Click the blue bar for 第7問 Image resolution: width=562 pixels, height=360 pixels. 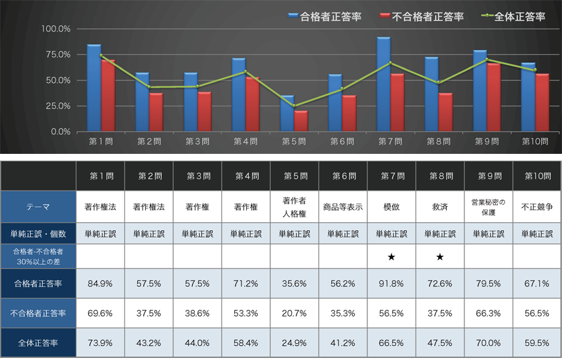383,84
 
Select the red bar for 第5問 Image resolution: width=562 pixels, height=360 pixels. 301,121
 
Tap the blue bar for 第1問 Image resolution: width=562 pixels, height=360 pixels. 94,88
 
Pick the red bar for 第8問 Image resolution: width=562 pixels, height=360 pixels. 446,112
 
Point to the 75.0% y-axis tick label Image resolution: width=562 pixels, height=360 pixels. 56,54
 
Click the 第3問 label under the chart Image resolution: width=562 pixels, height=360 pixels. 197,141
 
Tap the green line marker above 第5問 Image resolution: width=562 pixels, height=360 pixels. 294,106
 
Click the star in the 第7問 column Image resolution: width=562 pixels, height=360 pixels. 391,257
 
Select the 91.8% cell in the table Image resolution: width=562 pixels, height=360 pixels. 391,284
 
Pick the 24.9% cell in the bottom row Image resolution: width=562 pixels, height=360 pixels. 294,343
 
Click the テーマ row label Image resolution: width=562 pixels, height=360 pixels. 38,207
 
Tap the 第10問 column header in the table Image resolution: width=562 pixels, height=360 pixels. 537,176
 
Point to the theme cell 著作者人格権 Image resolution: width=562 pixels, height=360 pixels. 294,207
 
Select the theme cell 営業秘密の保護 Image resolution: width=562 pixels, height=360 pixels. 488,207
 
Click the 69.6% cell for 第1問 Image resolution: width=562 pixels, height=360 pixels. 100,313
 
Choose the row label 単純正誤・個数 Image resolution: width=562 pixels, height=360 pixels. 38,234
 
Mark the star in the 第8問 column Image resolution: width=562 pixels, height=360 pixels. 440,257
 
